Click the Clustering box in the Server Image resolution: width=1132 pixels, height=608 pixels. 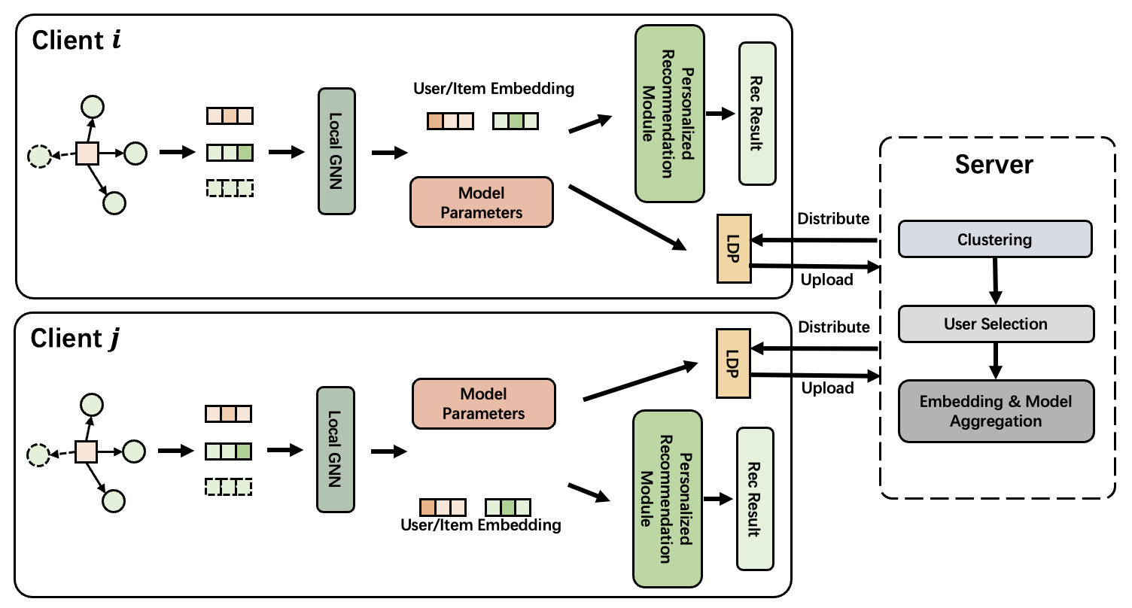(x=994, y=240)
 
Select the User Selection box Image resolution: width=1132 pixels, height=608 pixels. (x=995, y=324)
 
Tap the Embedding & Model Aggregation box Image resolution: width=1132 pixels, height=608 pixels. (x=995, y=411)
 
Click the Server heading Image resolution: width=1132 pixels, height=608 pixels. (x=994, y=165)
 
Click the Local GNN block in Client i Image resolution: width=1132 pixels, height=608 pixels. (x=336, y=150)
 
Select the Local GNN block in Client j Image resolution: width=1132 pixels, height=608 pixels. (x=335, y=449)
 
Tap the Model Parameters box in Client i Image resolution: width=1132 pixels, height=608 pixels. (x=481, y=202)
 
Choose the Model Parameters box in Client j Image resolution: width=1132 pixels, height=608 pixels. (x=483, y=403)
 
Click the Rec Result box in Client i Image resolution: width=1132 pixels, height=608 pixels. (x=757, y=114)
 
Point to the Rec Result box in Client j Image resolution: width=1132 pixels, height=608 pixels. (x=755, y=498)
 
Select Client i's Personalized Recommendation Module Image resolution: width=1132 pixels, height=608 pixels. (x=669, y=114)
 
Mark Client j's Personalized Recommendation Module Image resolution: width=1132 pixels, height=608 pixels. (x=668, y=498)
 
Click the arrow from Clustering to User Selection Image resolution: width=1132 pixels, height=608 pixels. (x=995, y=281)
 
